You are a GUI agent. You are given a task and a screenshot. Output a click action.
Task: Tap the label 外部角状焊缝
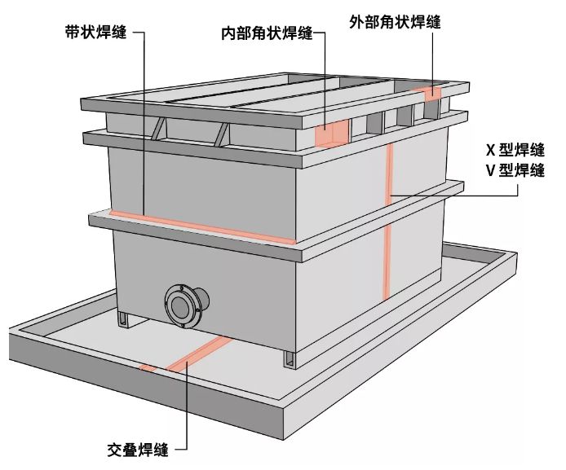pyautogui.click(x=395, y=22)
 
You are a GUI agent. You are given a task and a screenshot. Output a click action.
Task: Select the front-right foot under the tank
pyautogui.click(x=290, y=358)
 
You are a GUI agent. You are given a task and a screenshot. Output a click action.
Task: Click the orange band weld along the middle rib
pyautogui.click(x=204, y=229)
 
